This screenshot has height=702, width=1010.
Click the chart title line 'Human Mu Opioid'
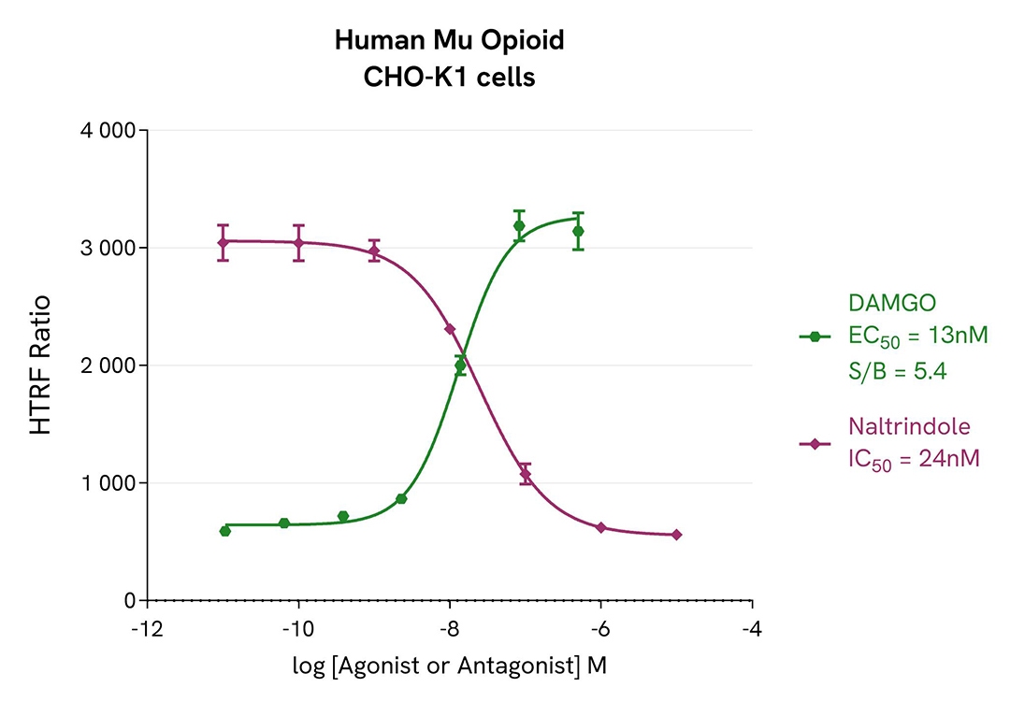449,41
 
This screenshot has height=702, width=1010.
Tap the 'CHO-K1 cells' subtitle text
449,78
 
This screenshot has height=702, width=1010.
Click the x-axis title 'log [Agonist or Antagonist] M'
449,665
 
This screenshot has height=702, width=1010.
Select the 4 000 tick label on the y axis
103,131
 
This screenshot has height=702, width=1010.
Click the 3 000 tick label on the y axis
103,248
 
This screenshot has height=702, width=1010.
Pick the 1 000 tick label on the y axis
103,483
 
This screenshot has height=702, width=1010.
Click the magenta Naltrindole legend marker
815,444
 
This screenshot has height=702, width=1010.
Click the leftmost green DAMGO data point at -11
224,531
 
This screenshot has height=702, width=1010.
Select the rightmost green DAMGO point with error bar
578,231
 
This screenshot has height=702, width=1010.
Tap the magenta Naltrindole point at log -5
676,535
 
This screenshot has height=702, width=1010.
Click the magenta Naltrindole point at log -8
450,329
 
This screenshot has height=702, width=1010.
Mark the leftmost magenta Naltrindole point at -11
224,242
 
